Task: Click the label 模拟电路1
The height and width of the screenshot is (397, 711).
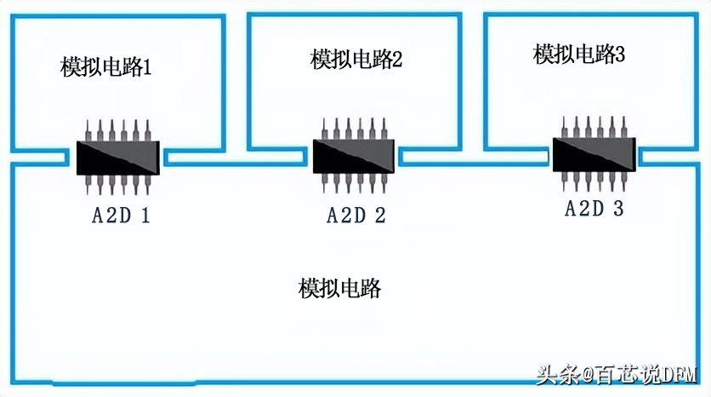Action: click(x=106, y=67)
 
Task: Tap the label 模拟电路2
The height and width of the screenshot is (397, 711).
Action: click(x=356, y=60)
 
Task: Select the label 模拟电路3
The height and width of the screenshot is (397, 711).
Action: click(x=579, y=55)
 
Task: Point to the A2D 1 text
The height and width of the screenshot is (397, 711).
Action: click(x=121, y=216)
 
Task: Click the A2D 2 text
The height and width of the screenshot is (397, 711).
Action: click(x=356, y=216)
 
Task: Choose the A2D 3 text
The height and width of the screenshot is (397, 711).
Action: click(x=594, y=209)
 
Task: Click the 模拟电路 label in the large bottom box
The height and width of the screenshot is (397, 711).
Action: click(x=339, y=289)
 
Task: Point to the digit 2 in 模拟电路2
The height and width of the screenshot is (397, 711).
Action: click(x=396, y=60)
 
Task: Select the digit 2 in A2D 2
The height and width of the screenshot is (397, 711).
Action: click(x=380, y=216)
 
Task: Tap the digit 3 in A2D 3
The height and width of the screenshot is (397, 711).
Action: click(x=618, y=209)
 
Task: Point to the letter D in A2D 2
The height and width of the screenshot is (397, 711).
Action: click(x=356, y=216)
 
